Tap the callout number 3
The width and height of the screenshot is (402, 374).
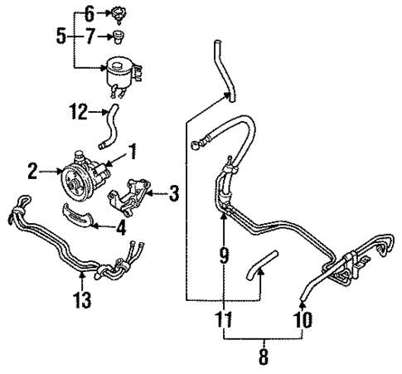coord(174,196)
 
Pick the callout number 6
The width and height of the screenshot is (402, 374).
coord(90,12)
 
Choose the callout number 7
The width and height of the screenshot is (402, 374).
coord(90,37)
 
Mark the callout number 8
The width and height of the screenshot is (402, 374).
coord(264,359)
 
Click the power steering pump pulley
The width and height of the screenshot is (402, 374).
coord(80,177)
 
